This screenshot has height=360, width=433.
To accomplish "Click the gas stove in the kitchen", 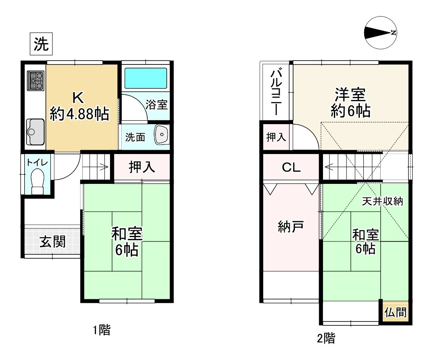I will [x=36, y=80].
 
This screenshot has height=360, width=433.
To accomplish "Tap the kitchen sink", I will [x=35, y=131].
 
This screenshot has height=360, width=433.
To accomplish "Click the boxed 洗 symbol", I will [x=41, y=45].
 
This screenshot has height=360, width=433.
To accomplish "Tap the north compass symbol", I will [x=381, y=33].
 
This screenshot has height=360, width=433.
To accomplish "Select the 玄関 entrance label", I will [x=53, y=242].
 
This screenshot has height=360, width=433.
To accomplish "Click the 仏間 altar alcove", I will [x=395, y=312].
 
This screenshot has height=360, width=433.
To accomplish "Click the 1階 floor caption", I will [x=101, y=331].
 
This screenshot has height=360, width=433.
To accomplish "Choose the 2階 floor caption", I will [x=325, y=338].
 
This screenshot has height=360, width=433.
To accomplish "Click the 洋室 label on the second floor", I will [x=350, y=95].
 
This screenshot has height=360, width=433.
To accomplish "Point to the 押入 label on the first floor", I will [x=142, y=167].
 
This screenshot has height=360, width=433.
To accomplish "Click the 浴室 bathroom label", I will [x=156, y=104].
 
